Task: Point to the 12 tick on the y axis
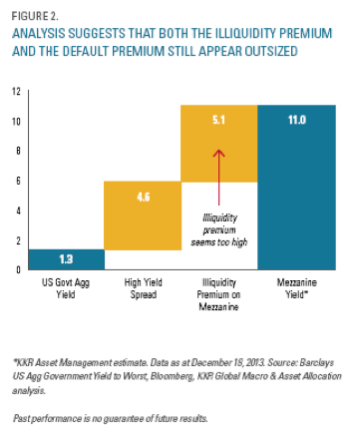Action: [x=16, y=91]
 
